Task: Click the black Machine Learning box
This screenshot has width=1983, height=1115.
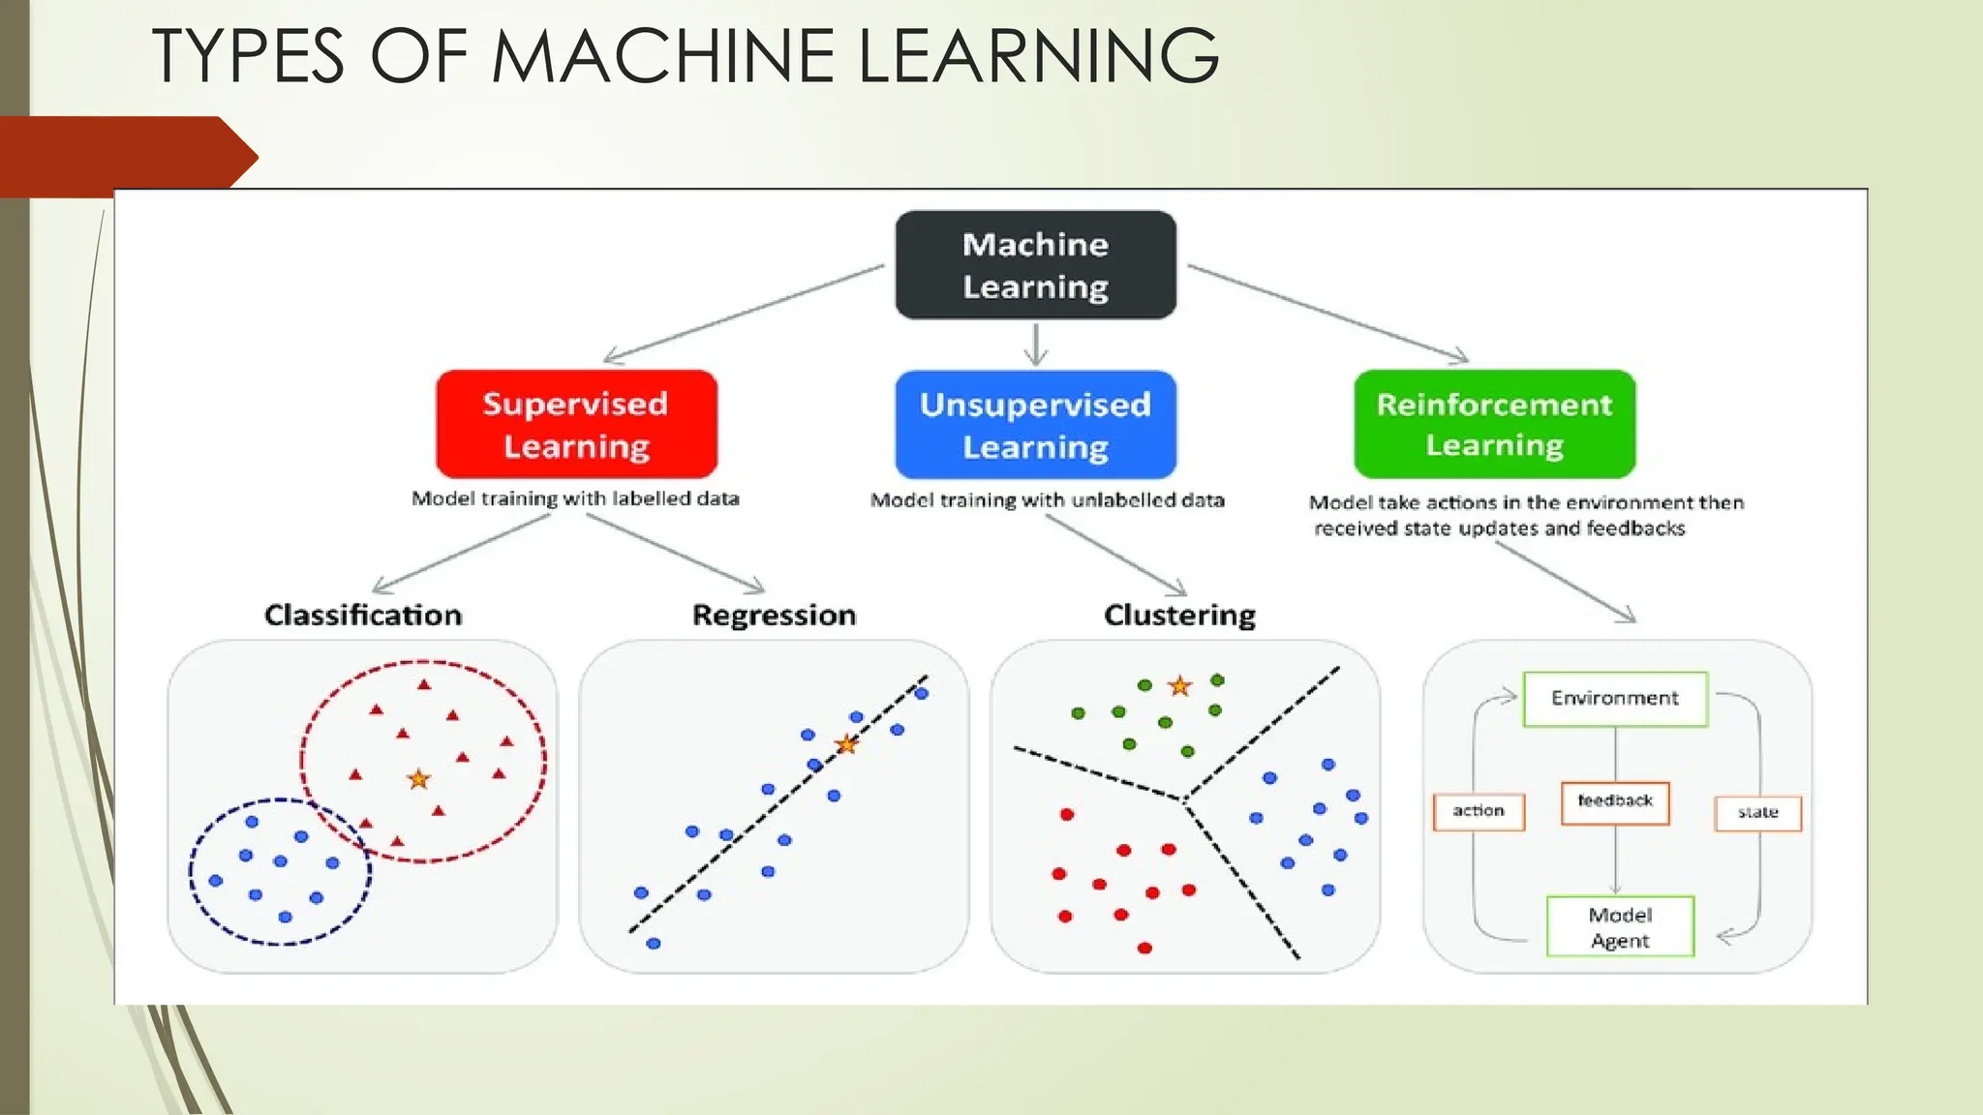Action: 1035,265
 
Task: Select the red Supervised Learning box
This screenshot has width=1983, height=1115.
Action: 576,424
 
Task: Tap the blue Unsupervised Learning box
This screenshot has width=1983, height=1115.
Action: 1035,425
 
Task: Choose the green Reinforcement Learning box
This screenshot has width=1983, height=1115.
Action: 1494,424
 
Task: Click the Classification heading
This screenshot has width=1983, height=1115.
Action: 363,615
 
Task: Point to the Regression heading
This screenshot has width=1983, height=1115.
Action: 774,615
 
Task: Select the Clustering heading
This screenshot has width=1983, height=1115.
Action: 1179,615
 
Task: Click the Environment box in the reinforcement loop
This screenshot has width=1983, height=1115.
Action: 1614,699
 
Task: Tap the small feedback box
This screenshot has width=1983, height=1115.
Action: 1614,802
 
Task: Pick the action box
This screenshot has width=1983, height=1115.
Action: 1478,811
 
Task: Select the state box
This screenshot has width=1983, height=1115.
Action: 1757,813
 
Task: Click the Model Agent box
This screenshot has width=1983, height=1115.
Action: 1620,927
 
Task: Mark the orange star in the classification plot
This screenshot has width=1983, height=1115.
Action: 418,779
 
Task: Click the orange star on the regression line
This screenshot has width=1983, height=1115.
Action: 846,744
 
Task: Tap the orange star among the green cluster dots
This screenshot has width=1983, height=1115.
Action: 1179,686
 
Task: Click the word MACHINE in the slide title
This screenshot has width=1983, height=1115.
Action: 663,56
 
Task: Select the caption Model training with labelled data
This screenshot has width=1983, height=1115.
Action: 575,498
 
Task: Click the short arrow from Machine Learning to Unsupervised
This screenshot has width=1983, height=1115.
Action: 1036,345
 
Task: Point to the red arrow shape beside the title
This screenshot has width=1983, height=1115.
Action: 126,156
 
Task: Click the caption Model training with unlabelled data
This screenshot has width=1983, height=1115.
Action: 1047,500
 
